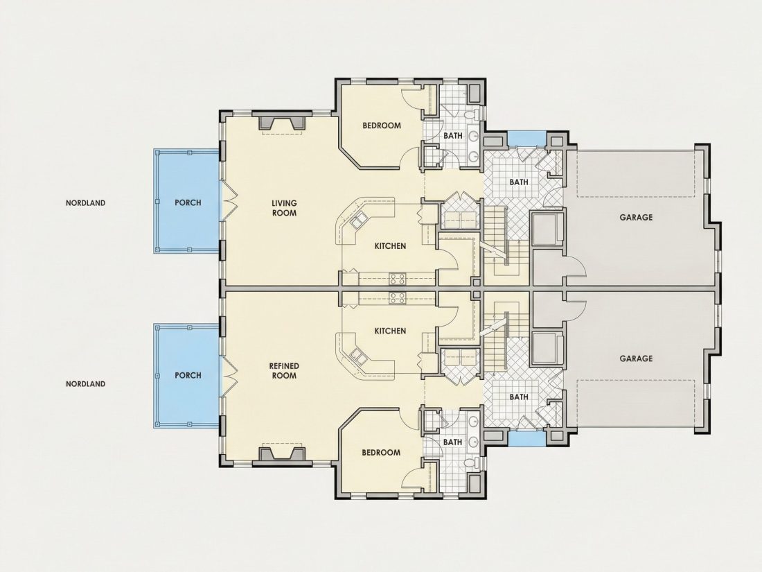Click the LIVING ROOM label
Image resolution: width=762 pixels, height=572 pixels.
284,208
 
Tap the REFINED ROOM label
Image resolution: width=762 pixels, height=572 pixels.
284,371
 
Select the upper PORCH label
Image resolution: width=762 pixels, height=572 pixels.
188,203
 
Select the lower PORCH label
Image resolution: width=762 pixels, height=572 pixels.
188,376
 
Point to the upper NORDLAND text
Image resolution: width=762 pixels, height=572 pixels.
85,203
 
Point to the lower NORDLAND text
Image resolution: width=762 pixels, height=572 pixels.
85,384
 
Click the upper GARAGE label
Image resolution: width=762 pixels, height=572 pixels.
636,218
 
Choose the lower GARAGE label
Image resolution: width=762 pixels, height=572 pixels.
636,358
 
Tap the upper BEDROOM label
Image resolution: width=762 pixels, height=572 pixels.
382,125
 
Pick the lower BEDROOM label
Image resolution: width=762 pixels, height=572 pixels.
381,452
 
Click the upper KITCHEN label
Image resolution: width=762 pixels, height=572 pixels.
390,246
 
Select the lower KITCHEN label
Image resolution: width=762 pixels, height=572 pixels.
390,331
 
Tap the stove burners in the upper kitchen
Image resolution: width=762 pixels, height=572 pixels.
398,279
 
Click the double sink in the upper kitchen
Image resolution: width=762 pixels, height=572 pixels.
358,222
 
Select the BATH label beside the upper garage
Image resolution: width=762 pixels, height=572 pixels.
519,182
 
